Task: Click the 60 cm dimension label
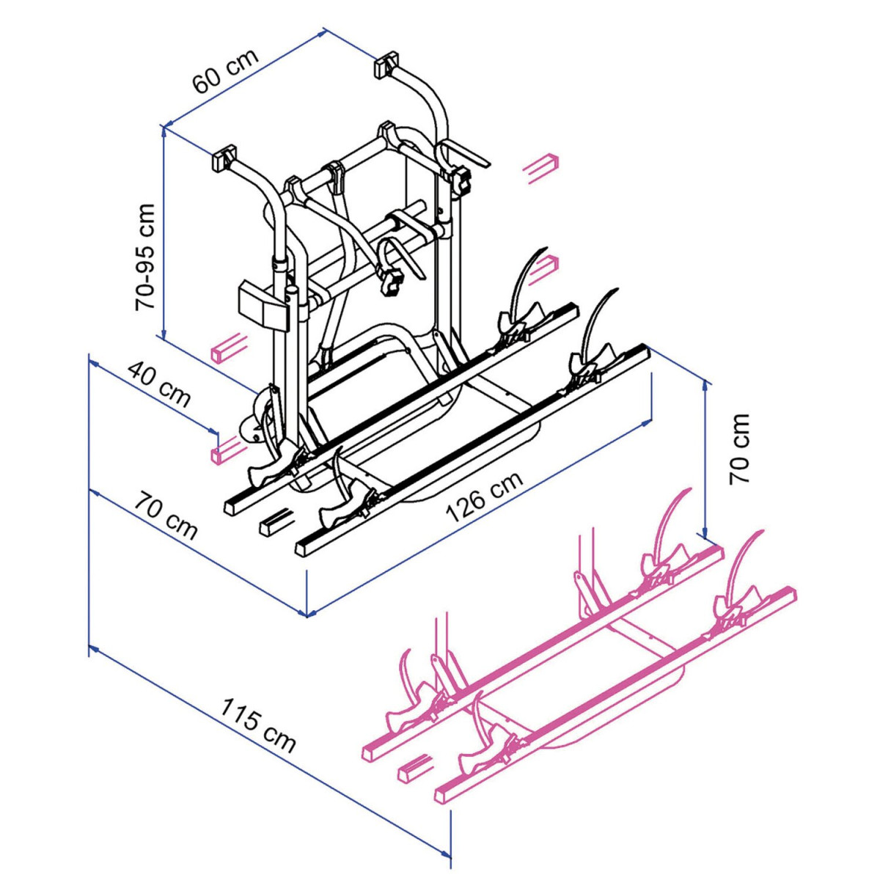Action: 226,70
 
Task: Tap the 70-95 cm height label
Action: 145,257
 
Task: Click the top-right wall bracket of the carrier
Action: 386,65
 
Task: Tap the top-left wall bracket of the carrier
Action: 224,158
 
